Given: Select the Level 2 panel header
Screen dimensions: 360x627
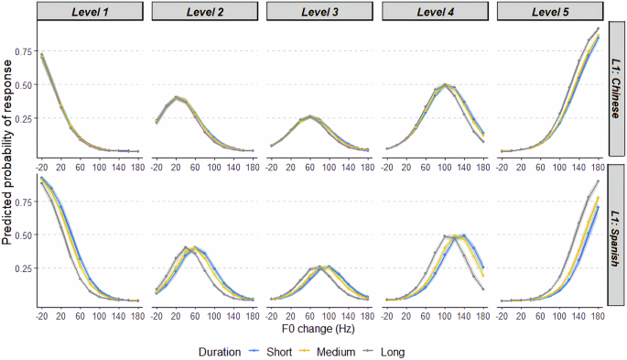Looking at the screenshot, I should click(x=205, y=11).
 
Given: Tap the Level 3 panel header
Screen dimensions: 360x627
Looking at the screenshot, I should click(x=319, y=11).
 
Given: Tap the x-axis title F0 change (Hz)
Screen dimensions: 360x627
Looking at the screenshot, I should click(x=320, y=326).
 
